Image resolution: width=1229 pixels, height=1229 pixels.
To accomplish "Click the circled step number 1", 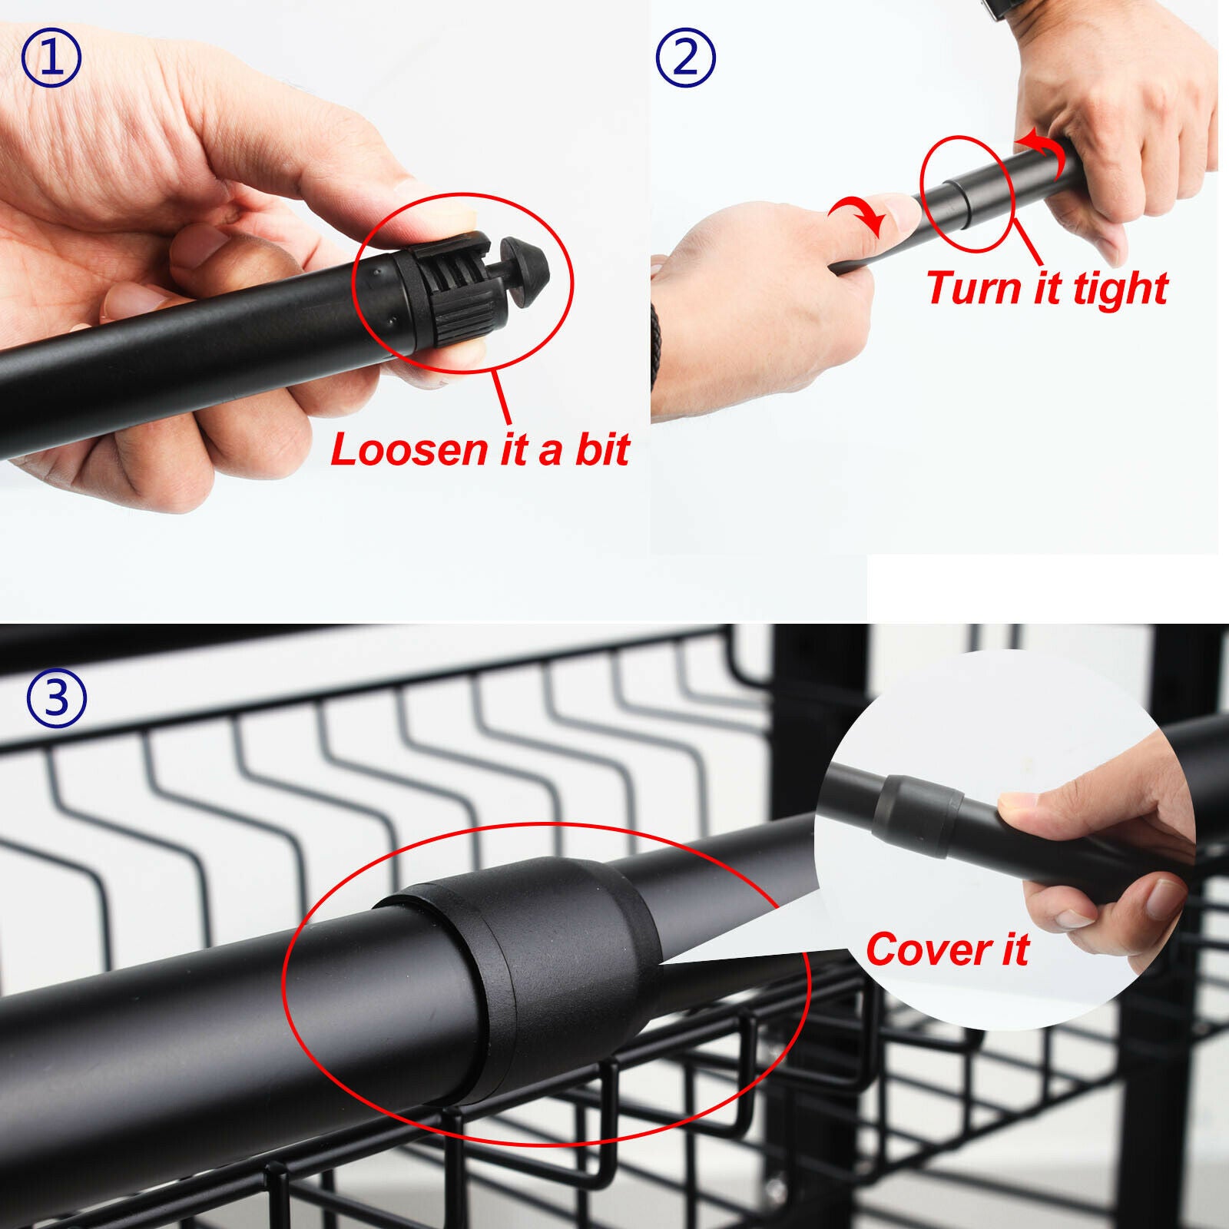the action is (51, 58).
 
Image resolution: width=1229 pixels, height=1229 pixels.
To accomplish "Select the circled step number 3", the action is (57, 699).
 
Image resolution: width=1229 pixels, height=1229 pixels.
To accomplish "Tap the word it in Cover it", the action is (1015, 949).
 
